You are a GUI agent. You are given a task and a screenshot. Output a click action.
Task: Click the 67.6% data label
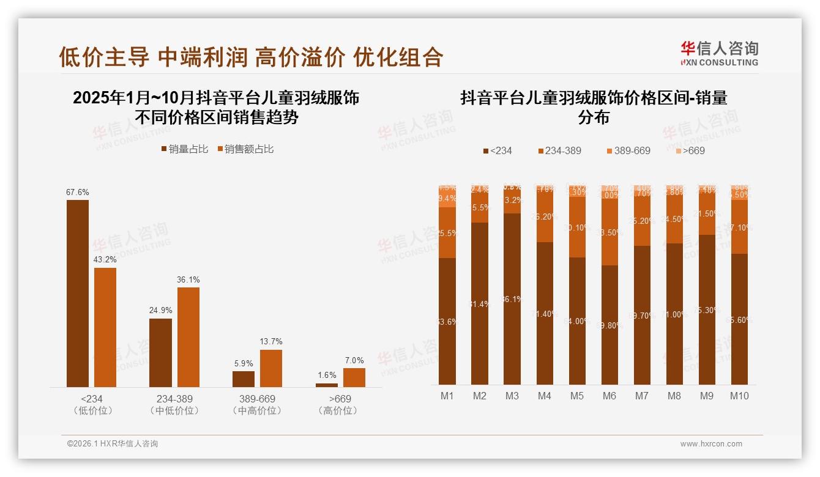pyautogui.click(x=78, y=192)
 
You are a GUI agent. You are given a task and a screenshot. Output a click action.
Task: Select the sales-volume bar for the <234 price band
pyautogui.click(x=78, y=294)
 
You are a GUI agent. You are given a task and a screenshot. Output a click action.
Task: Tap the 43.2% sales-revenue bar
pyautogui.click(x=105, y=327)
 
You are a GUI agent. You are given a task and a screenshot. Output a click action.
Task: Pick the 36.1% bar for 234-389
pyautogui.click(x=188, y=337)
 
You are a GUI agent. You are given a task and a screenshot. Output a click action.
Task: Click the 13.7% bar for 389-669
pyautogui.click(x=271, y=368)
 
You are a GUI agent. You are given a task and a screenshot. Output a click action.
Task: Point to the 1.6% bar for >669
pyautogui.click(x=327, y=385)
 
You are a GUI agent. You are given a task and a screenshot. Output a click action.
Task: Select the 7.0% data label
pyautogui.click(x=354, y=360)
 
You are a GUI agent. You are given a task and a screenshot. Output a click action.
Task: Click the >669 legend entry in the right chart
pyautogui.click(x=690, y=150)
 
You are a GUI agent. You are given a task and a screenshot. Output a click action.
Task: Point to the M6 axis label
pyautogui.click(x=609, y=396)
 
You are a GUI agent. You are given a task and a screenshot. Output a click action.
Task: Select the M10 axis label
pyautogui.click(x=739, y=396)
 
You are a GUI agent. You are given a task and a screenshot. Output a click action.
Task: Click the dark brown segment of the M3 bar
pyautogui.click(x=512, y=298)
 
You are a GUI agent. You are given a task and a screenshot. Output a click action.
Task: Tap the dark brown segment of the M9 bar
pyautogui.click(x=707, y=309)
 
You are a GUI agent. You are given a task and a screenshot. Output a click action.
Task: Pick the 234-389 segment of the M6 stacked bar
pyautogui.click(x=609, y=232)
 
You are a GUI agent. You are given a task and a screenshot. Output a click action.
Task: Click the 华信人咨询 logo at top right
pyautogui.click(x=719, y=53)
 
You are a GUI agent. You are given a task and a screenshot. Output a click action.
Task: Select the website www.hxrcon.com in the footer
pyautogui.click(x=711, y=444)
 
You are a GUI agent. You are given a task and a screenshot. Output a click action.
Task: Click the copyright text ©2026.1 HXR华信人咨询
pyautogui.click(x=113, y=444)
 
